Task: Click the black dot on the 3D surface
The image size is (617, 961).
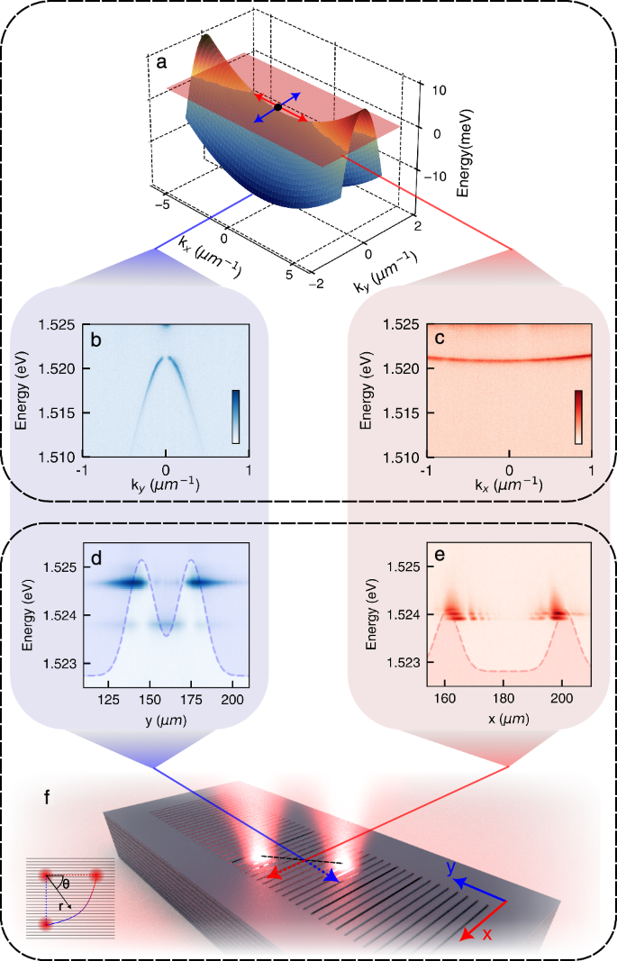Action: [x=278, y=107]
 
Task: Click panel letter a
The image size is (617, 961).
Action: [x=161, y=63]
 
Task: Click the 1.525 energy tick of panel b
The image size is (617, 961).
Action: [x=59, y=324]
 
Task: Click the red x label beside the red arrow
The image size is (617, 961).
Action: [x=487, y=935]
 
